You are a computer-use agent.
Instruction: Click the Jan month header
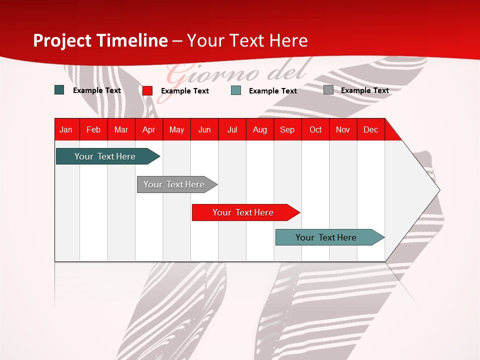click(66, 129)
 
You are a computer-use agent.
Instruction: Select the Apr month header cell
click(149, 129)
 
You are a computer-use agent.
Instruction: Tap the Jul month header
click(232, 129)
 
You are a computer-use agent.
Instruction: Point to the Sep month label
click(287, 129)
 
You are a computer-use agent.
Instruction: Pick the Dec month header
click(370, 129)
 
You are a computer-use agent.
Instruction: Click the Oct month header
click(315, 129)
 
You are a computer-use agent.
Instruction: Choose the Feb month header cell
click(93, 129)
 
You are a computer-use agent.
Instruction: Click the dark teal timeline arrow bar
click(105, 156)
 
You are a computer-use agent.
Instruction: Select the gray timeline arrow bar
click(174, 184)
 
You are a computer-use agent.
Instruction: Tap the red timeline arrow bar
click(243, 212)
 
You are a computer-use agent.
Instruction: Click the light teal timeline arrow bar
click(326, 237)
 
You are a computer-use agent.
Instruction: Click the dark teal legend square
click(59, 90)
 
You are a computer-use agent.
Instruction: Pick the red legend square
click(147, 90)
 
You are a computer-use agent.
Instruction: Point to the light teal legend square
click(236, 90)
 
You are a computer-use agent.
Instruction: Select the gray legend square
click(328, 90)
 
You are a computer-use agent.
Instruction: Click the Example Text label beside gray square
click(365, 90)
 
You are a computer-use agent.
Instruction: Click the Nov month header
click(343, 129)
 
